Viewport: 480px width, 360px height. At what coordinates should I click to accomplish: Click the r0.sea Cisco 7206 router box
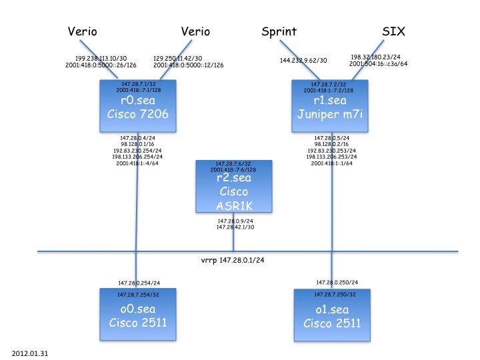tap(137, 108)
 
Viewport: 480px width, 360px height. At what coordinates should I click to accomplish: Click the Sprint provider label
tap(279, 31)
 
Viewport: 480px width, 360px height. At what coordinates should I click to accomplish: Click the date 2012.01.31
tap(29, 349)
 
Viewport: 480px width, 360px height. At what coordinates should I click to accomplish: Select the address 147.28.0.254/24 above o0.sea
tap(138, 282)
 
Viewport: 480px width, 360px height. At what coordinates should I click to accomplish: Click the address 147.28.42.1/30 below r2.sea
tap(234, 227)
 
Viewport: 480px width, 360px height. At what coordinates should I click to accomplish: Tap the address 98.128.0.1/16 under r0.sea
tap(138, 143)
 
